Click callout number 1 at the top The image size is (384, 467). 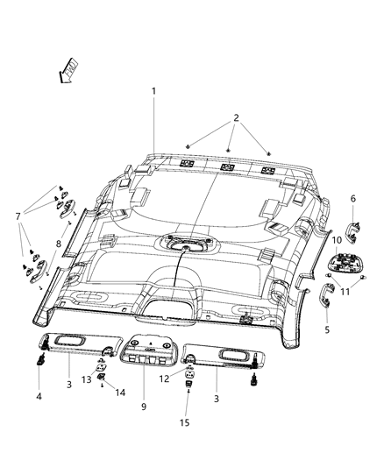coord(153,91)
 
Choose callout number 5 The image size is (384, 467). coord(328,332)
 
